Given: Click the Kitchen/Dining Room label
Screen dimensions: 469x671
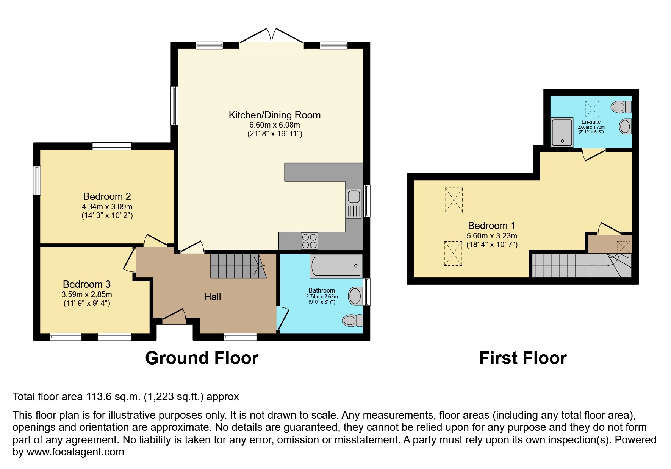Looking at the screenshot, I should click(274, 115).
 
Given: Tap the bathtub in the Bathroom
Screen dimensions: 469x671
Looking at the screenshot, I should click(336, 265).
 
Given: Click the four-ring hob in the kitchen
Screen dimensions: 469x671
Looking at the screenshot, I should click(309, 241).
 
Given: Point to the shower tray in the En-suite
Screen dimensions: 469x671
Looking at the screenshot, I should click(562, 132).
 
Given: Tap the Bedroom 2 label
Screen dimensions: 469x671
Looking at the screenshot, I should click(107, 196).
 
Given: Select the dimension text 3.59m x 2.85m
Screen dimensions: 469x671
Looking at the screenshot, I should click(87, 294).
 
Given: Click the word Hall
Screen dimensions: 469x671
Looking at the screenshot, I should click(212, 297).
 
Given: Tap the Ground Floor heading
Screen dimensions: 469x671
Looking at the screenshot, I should click(202, 358).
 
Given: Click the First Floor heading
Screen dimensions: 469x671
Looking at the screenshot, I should click(522, 358).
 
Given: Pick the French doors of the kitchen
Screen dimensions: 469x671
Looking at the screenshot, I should click(271, 37).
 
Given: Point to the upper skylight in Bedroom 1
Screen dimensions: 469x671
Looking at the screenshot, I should click(454, 200).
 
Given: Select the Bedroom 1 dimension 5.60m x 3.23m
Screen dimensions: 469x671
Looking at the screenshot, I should click(491, 235).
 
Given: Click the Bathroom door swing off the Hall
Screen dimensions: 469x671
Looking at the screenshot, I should click(283, 318).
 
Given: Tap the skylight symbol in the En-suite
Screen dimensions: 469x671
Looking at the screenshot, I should click(592, 109).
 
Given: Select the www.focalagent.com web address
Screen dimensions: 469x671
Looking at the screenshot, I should click(75, 452).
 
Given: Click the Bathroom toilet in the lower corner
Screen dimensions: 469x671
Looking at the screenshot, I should click(352, 320).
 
